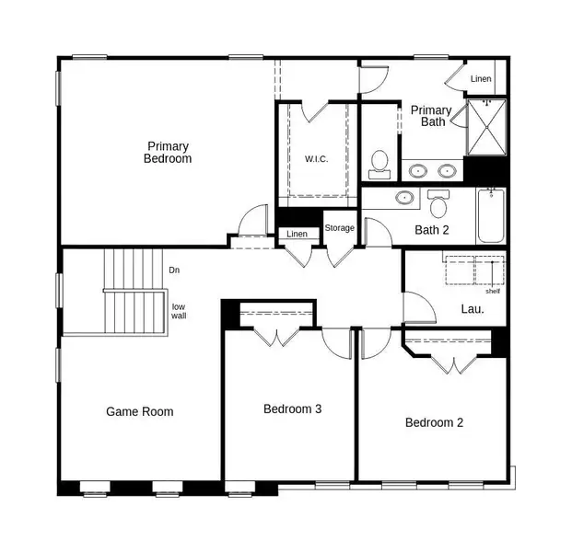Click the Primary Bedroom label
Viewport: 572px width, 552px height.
coord(168,152)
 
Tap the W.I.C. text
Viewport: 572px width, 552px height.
coord(316,158)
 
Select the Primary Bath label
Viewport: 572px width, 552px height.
coord(431,116)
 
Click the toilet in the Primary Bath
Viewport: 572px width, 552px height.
coord(379,166)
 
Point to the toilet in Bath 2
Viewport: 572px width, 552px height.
coord(438,201)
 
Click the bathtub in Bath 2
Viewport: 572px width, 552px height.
coord(491,215)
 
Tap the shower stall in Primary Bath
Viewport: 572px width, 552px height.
coord(486,129)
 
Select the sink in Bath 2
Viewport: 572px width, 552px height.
coord(403,197)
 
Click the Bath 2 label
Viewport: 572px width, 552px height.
coord(431,230)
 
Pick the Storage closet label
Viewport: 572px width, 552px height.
coord(339,228)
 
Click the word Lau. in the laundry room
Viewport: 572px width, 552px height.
coord(472,309)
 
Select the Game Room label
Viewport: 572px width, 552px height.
coord(139,411)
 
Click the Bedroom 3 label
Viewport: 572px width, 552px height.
coord(292,408)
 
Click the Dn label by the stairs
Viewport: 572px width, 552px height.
coord(174,270)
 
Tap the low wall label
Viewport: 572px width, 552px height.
coord(179,311)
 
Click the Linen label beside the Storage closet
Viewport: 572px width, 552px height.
coord(297,235)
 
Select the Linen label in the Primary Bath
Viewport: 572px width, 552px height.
coord(481,79)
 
